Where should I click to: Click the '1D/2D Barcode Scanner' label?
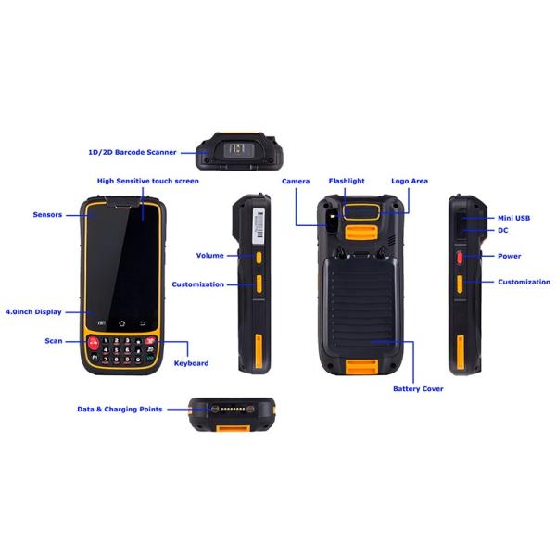[x=126, y=149]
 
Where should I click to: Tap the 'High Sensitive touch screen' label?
[x=148, y=182]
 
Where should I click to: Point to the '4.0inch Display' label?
[x=33, y=312]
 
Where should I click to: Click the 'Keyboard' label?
[x=191, y=363]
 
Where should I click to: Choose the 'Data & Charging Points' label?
[x=120, y=409]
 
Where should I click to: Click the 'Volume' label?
[x=209, y=255]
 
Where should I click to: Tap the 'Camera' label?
[x=296, y=182]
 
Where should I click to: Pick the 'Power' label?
[x=509, y=256]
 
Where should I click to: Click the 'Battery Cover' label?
[x=418, y=388]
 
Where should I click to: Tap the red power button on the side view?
[x=458, y=255]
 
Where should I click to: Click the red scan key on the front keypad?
[x=93, y=343]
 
